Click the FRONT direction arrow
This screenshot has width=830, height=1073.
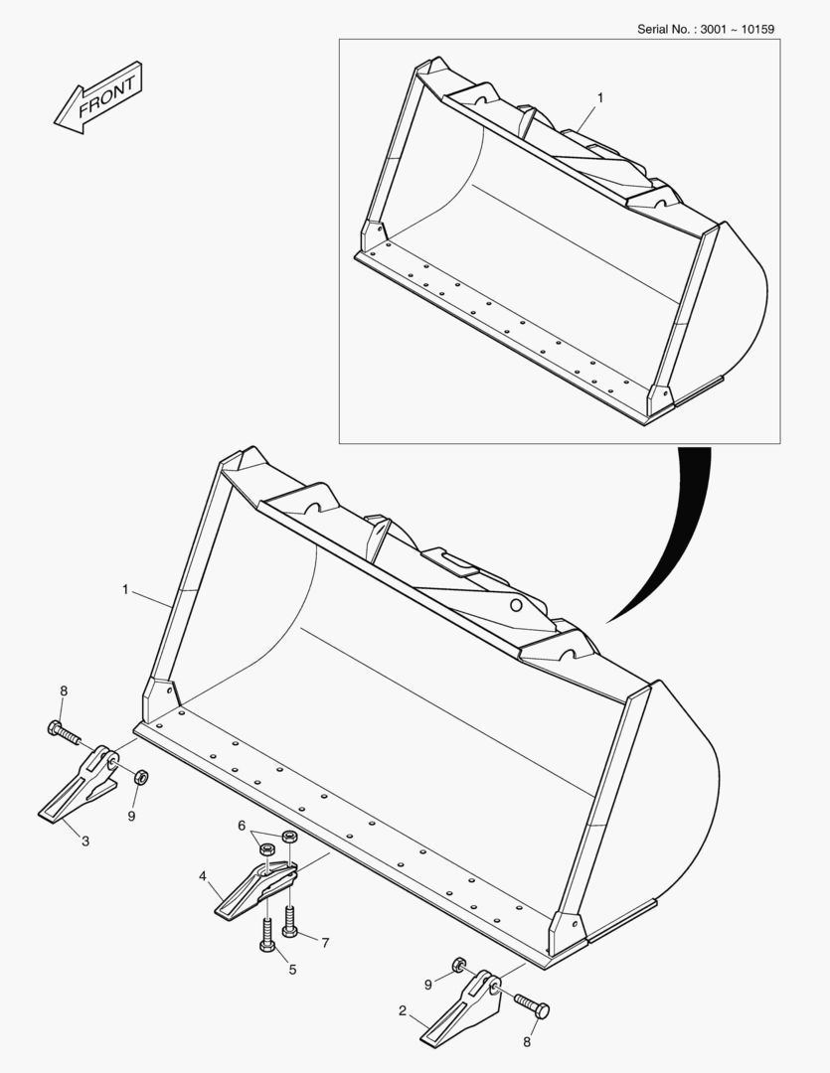pyautogui.click(x=98, y=97)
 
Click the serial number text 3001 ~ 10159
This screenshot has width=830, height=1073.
pyautogui.click(x=738, y=30)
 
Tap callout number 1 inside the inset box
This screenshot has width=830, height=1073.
pyautogui.click(x=600, y=97)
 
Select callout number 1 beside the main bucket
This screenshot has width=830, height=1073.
pyautogui.click(x=125, y=589)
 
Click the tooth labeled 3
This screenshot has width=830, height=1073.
pyautogui.click(x=79, y=784)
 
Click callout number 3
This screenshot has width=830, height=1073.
pyautogui.click(x=85, y=842)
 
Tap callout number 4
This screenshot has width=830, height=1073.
pyautogui.click(x=203, y=876)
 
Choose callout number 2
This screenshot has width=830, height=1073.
pyautogui.click(x=403, y=1010)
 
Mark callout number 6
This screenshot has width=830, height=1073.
pyautogui.click(x=242, y=826)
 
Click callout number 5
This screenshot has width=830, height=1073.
pyautogui.click(x=292, y=970)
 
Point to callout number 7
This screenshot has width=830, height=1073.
pyautogui.click(x=325, y=943)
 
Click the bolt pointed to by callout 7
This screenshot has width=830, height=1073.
pyautogui.click(x=289, y=920)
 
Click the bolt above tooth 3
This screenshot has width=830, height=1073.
pyautogui.click(x=64, y=733)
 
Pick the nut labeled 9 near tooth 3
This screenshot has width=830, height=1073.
pyautogui.click(x=140, y=777)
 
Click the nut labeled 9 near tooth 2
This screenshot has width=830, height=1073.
pyautogui.click(x=459, y=967)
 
